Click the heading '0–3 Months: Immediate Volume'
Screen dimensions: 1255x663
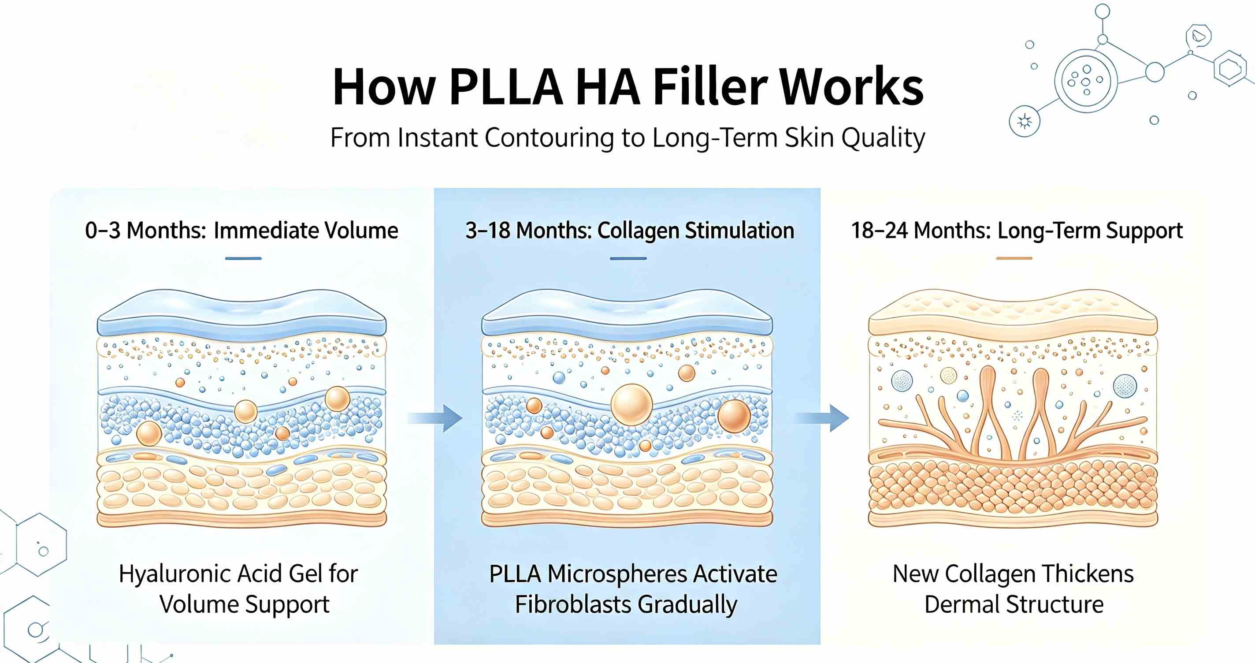241,231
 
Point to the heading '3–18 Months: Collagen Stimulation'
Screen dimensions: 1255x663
629,231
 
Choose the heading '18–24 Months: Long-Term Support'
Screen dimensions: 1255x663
1017,231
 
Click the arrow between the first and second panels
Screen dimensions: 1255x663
435,418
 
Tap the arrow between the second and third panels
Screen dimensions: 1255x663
822,418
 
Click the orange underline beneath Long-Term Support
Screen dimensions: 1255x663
1014,258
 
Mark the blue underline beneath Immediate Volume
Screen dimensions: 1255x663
244,258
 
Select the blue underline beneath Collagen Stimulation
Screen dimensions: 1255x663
628,258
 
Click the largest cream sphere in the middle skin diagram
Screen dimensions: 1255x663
632,405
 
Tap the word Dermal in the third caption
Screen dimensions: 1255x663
961,604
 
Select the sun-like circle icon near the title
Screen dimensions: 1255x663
1025,121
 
